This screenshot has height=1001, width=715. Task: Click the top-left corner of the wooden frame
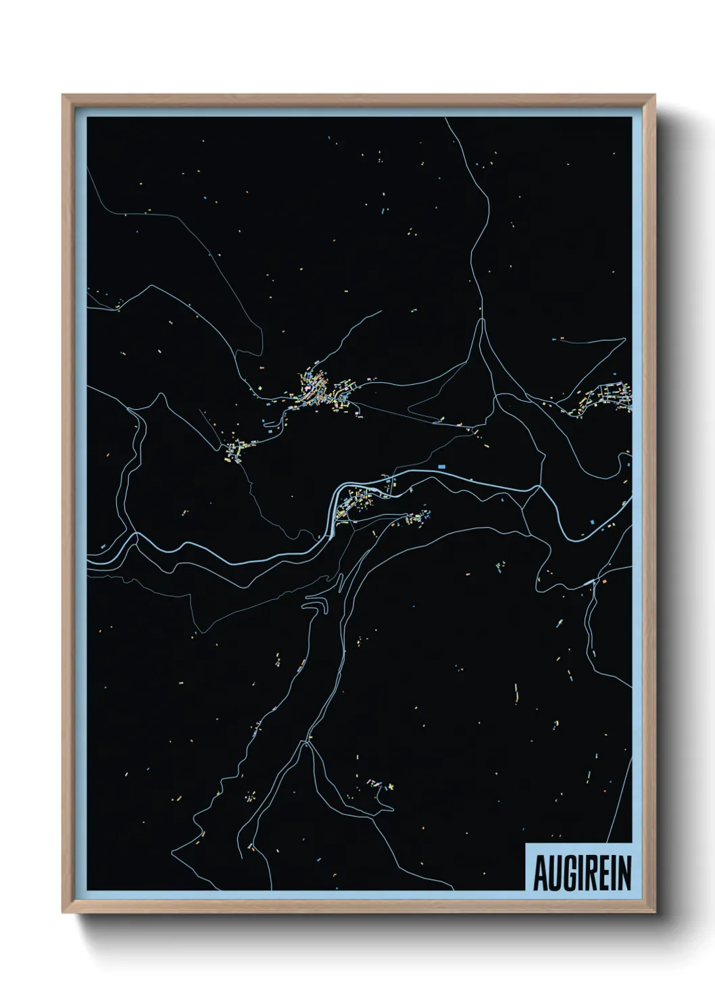(64, 95)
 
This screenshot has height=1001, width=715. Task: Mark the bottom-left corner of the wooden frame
(64, 913)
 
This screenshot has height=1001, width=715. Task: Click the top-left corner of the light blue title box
(526, 843)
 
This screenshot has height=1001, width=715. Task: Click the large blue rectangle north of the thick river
(443, 467)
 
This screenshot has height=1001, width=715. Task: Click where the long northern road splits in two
(482, 319)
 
